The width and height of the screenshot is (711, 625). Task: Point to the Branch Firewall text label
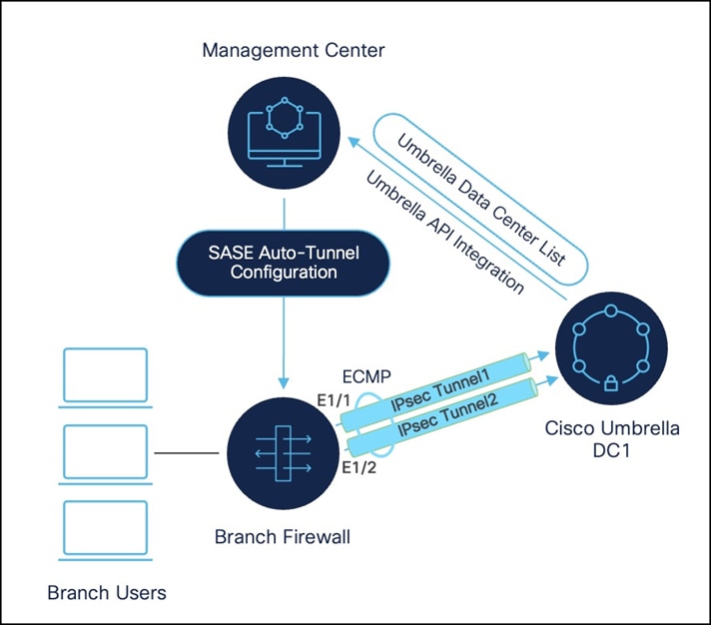coord(283,538)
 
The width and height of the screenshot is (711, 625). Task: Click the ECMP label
coord(371,379)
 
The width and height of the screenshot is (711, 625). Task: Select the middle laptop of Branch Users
coord(105,452)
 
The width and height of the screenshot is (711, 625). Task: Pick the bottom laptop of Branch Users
coord(105,529)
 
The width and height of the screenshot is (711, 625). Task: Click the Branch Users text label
coord(107,593)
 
